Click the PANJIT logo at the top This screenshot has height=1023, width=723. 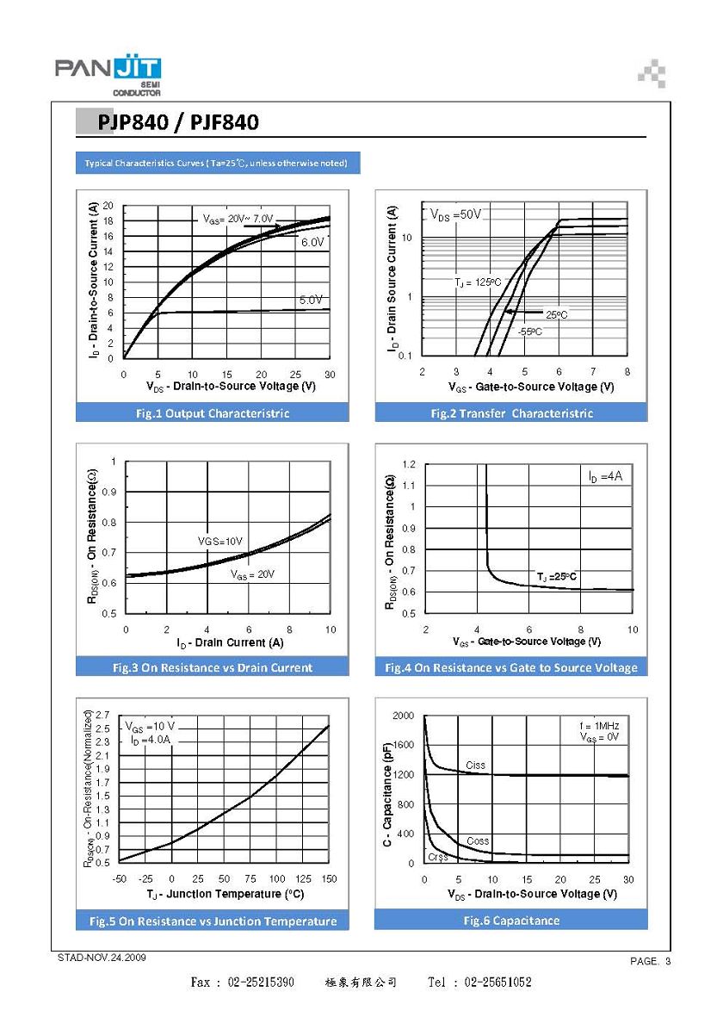108,75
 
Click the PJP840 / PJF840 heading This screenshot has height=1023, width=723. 178,122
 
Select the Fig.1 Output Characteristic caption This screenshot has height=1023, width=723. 213,413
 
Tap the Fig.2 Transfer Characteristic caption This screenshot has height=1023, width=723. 512,413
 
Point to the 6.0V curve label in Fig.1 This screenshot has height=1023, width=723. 313,242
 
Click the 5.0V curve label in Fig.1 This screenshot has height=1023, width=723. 311,300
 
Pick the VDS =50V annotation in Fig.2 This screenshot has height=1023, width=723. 455,214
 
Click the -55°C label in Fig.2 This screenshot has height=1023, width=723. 529,332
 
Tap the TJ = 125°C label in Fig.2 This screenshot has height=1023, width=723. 478,282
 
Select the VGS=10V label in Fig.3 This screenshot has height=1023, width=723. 219,541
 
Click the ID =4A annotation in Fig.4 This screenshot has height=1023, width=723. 605,477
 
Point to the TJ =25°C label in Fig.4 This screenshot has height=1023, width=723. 557,577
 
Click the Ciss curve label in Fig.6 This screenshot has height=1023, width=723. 475,765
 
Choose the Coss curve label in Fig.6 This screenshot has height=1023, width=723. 478,841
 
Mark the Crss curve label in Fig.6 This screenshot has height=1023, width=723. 437,857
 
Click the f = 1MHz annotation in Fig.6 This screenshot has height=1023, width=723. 599,726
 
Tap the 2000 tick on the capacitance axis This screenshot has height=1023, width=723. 403,716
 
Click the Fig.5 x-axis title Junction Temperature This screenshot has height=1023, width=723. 225,894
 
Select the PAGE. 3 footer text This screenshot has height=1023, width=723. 650,961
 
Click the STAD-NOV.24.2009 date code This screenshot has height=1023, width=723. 102,958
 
